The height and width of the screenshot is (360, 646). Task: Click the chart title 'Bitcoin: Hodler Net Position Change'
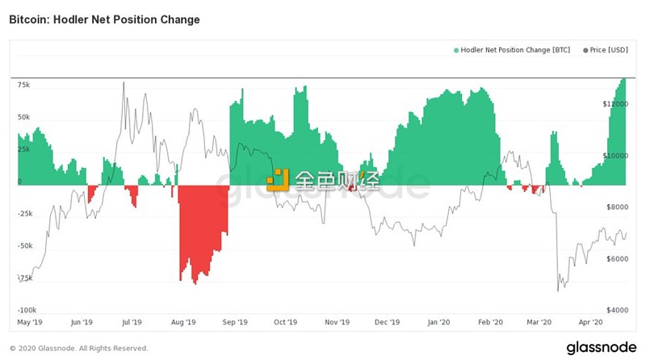pyautogui.click(x=104, y=18)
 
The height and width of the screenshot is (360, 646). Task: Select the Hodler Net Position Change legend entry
pyautogui.click(x=513, y=50)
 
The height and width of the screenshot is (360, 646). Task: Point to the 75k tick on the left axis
pyautogui.click(x=23, y=84)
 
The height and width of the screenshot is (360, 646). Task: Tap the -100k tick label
pyautogui.click(x=27, y=309)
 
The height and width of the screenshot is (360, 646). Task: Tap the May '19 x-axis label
pyautogui.click(x=30, y=322)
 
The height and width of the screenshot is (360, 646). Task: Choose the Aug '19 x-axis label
pyautogui.click(x=183, y=322)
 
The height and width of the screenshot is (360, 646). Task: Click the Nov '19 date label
pyautogui.click(x=336, y=322)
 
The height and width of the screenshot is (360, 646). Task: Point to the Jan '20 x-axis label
pyautogui.click(x=438, y=322)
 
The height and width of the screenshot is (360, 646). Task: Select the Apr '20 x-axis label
pyautogui.click(x=591, y=322)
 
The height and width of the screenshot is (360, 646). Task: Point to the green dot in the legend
pyautogui.click(x=456, y=50)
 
